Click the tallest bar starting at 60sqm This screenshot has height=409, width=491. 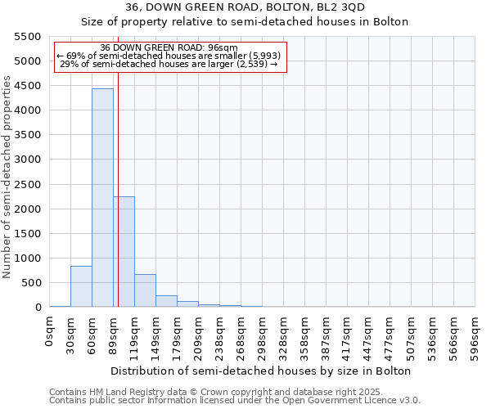point(102,197)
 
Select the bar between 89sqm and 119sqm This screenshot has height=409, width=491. point(124,252)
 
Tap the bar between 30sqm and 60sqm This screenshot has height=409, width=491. point(81,286)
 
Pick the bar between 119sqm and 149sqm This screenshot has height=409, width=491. point(145,290)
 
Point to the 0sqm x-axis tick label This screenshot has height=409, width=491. point(50,335)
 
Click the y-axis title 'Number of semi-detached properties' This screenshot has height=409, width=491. point(8,177)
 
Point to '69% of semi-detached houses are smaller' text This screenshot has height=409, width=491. point(169,56)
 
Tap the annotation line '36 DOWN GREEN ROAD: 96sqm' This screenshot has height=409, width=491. point(169,47)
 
